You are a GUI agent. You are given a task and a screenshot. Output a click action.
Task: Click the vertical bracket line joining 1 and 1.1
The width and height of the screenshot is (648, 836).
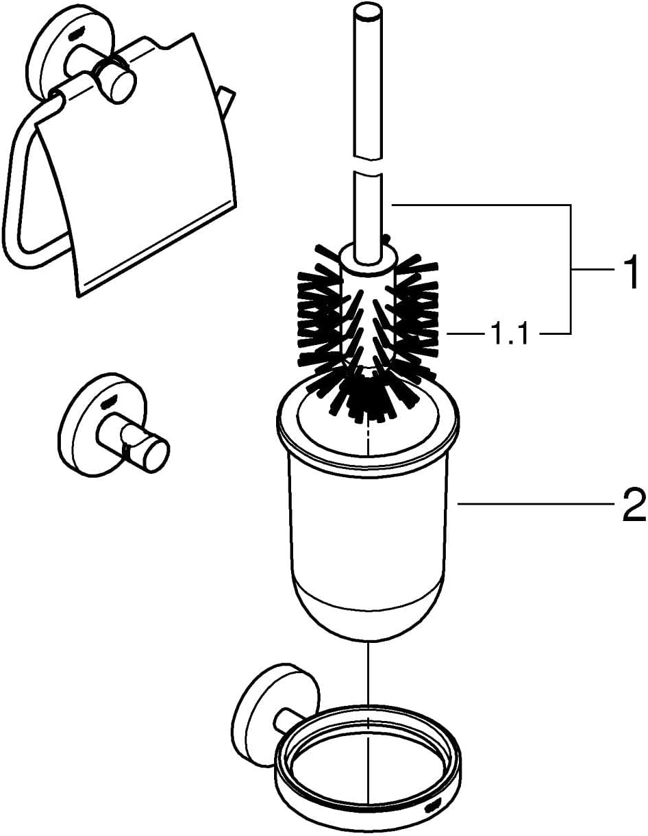click(570, 269)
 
